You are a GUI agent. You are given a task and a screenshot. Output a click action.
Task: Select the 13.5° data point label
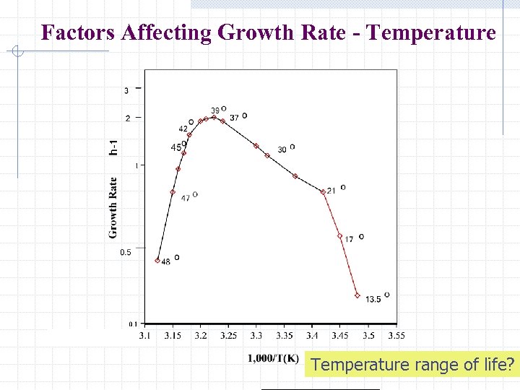373,299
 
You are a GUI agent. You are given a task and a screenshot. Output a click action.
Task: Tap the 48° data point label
166,261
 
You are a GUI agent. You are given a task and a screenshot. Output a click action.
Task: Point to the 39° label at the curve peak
215,110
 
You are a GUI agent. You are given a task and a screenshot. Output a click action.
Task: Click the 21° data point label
331,191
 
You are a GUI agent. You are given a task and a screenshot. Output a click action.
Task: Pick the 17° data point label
349,239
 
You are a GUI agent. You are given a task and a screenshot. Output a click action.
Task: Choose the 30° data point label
282,149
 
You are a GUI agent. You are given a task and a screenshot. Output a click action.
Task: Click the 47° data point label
186,198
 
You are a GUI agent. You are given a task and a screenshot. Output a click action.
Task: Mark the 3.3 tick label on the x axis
257,336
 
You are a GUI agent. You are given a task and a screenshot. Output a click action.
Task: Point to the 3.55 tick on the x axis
396,336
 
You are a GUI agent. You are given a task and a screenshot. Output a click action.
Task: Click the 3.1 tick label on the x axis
145,336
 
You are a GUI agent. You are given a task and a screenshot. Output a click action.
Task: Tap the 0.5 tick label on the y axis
126,252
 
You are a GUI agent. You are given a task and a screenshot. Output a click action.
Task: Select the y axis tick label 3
126,90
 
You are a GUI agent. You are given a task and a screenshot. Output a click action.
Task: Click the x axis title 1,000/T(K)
273,358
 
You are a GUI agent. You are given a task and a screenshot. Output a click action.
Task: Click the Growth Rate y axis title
113,207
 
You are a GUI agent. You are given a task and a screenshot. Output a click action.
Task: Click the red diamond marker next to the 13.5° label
357,295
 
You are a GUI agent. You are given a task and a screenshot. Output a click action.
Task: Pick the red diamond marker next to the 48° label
157,261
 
